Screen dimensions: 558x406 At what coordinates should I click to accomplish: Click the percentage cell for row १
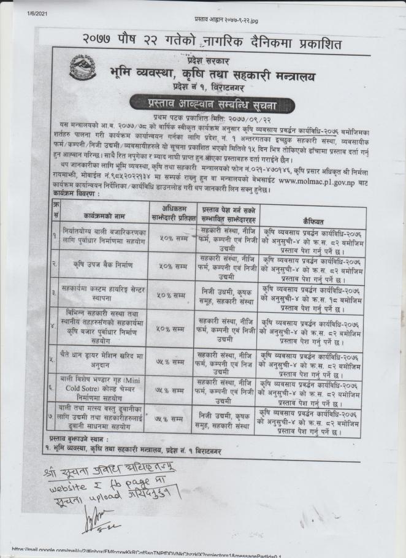(169, 239)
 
